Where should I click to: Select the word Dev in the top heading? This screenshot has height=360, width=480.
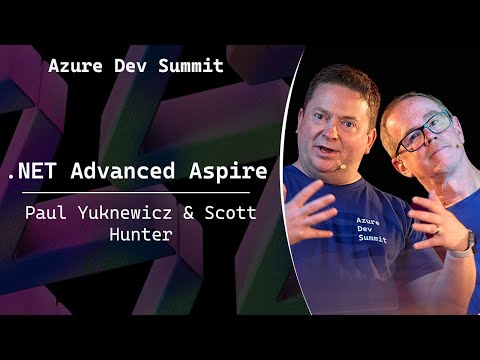[x=130, y=67]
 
